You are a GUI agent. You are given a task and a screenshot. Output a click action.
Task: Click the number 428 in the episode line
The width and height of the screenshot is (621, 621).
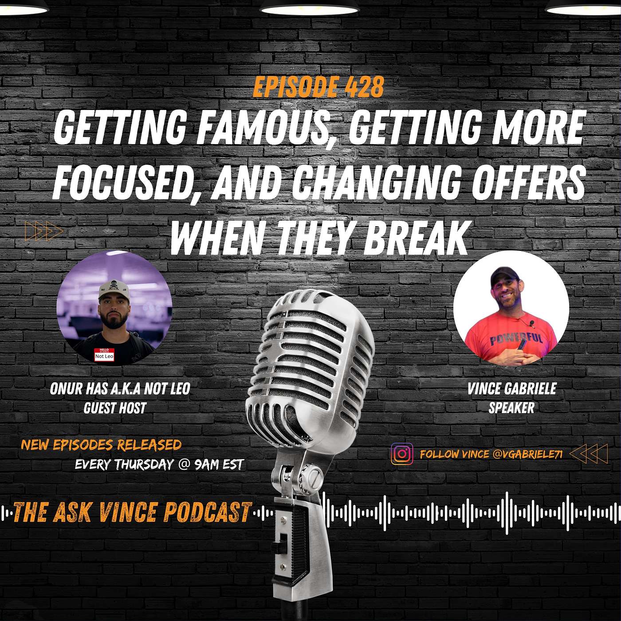click(364, 87)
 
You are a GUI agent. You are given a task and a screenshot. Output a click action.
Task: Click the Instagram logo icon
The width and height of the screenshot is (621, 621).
click(402, 454)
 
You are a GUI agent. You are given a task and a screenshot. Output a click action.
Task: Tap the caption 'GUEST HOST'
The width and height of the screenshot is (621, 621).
click(115, 408)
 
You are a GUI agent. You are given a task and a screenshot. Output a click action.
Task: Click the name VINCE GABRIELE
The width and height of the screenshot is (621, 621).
click(511, 389)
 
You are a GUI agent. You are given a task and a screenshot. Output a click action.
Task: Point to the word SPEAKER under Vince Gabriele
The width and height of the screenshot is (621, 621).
click(511, 408)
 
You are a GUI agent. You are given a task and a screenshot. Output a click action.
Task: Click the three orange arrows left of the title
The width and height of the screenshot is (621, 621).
click(44, 231)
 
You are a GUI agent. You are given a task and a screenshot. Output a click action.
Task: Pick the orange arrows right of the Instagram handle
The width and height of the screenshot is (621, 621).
click(588, 454)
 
